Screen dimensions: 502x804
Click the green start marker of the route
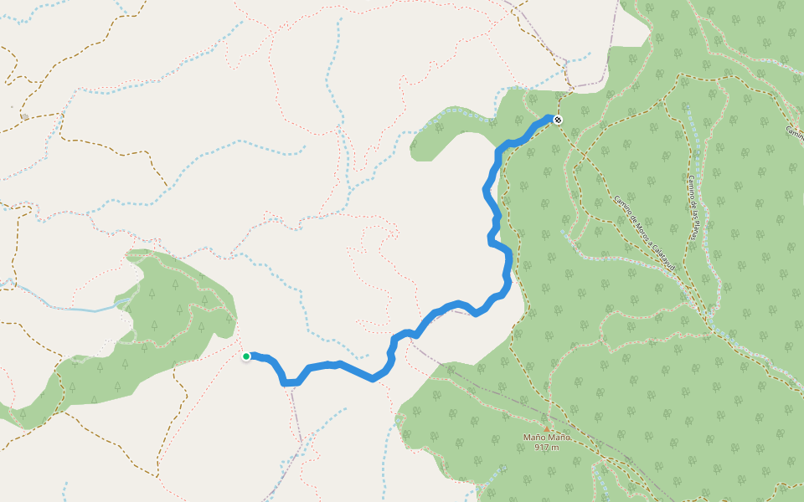tap(246, 356)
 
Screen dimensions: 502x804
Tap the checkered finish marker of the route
tap(558, 120)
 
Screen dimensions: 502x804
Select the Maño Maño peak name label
tap(547, 438)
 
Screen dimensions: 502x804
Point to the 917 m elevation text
tap(546, 448)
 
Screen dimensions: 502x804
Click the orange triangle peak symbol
tap(547, 428)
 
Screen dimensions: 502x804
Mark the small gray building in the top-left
tap(24, 116)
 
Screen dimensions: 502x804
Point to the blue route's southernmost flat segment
tap(290, 382)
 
